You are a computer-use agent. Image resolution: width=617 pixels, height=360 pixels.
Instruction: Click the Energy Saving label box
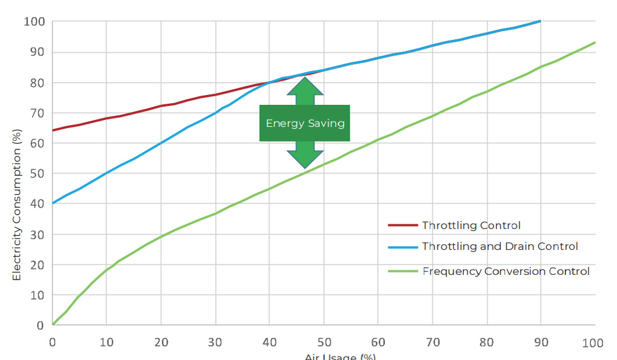[304, 123]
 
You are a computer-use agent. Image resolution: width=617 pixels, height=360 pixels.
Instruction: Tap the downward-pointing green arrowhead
[305, 159]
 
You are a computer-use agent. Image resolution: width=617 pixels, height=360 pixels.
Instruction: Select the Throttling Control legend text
[471, 225]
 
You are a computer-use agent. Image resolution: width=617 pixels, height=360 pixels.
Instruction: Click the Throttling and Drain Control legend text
[500, 246]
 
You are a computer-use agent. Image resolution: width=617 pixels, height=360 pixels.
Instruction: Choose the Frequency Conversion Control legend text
[506, 271]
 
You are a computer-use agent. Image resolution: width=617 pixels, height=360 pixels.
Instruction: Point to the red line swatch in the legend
[402, 225]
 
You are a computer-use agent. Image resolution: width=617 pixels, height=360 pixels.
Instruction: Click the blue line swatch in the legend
[402, 247]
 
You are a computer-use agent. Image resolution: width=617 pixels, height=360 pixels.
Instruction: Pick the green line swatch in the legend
[402, 271]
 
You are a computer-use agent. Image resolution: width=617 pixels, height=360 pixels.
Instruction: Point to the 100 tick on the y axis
[34, 22]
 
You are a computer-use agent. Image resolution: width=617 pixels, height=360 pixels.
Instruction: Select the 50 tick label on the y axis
[37, 173]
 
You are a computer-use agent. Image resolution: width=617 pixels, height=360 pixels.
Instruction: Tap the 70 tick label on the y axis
[37, 113]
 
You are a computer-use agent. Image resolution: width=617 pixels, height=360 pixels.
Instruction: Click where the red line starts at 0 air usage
[53, 130]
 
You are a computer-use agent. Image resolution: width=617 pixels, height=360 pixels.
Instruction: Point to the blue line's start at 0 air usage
[53, 203]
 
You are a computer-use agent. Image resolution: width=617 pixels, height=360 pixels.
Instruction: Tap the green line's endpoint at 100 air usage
[596, 42]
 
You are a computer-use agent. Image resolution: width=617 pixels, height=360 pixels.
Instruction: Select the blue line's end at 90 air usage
[540, 21]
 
